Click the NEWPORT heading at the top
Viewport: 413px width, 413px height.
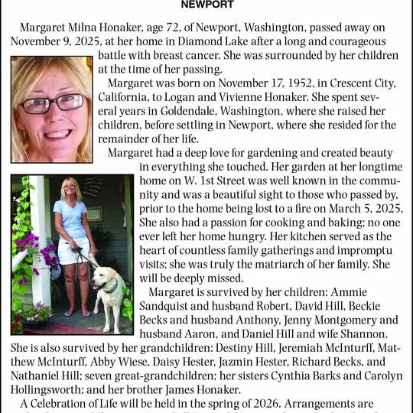pos(207,5)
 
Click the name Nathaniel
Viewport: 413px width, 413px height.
pos(39,376)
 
